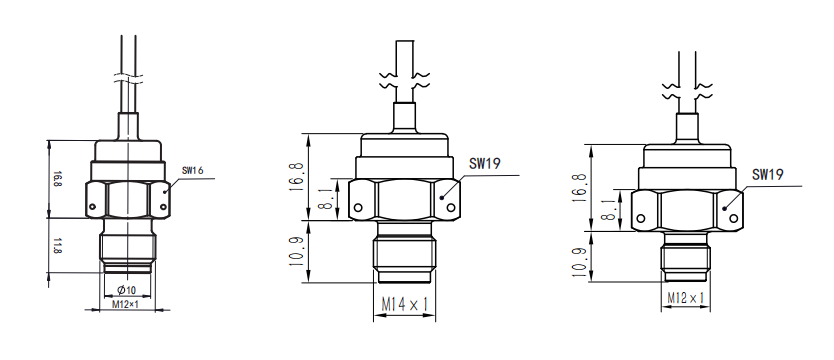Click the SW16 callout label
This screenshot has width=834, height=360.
click(x=193, y=171)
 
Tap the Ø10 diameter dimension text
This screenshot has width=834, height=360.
click(x=127, y=290)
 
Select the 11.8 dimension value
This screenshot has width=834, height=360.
click(x=56, y=246)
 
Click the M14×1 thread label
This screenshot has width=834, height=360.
click(x=405, y=304)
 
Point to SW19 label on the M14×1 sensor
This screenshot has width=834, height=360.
click(x=485, y=163)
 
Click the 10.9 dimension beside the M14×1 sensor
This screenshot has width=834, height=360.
click(x=299, y=251)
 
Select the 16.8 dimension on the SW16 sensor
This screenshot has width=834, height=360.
click(x=56, y=179)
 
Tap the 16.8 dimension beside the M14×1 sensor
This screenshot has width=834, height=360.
click(x=299, y=177)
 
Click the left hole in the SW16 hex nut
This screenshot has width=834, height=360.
click(x=93, y=206)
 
